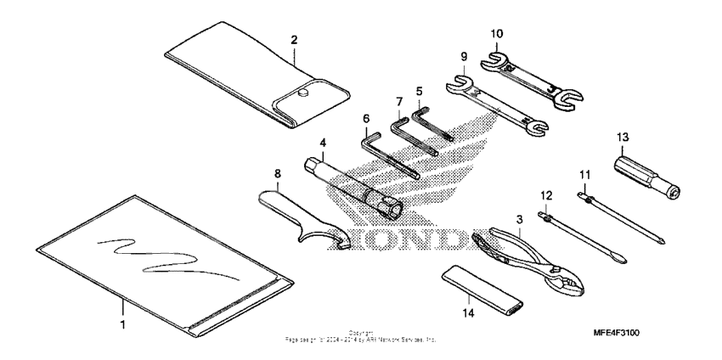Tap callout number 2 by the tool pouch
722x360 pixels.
[294, 39]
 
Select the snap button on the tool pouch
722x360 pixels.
[304, 96]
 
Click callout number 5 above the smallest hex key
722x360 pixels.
[419, 89]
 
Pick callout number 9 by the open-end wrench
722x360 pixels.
[464, 57]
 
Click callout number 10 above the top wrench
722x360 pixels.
[497, 33]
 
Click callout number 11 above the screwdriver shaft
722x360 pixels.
[584, 174]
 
